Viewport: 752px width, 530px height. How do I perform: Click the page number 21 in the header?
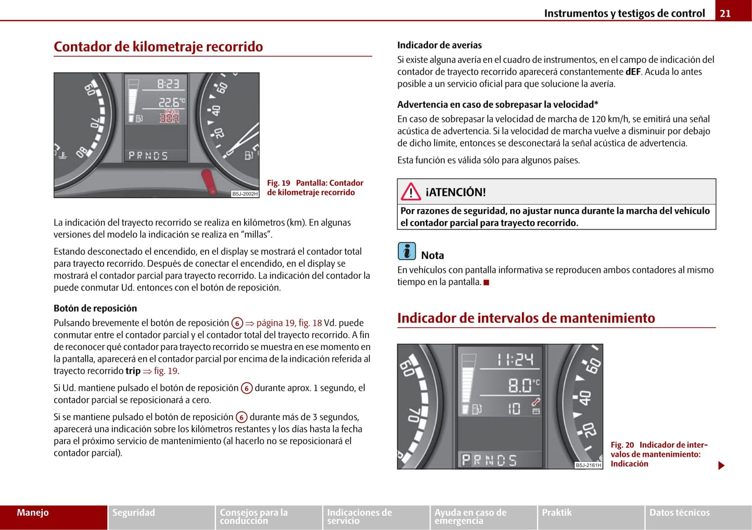point(725,14)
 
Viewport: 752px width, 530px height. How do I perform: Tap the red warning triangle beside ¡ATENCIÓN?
point(411,192)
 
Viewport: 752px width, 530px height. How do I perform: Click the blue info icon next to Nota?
point(406,251)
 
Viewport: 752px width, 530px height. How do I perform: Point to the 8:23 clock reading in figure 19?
point(168,84)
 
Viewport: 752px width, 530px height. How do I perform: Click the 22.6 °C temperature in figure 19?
point(170,102)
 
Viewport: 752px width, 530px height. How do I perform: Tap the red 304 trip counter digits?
point(169,118)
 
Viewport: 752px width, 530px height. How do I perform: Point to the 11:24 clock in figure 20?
point(515,359)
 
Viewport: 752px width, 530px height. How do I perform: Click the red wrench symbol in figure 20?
point(536,402)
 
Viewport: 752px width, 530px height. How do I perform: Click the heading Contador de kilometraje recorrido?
point(158,47)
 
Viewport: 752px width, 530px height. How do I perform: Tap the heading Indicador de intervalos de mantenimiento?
point(526,318)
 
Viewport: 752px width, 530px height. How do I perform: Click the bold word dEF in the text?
point(633,72)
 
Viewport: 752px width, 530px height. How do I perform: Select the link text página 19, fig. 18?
point(289,323)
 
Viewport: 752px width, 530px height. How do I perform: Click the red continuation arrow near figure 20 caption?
point(721,466)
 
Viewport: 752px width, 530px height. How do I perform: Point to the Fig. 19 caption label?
point(278,183)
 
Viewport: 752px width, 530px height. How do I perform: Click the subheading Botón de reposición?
point(95,308)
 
